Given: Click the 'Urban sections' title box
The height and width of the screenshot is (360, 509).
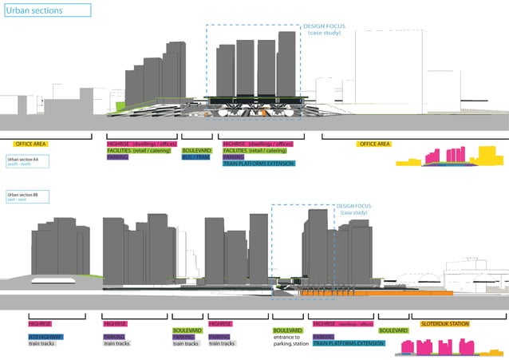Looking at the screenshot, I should pos(47,10).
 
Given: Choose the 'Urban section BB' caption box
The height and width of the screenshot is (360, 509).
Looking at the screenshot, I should pos(26,196).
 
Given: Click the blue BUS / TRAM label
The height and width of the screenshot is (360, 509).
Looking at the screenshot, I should pos(195,157).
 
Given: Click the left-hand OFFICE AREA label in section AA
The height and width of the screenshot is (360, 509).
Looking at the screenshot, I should pos(31,144).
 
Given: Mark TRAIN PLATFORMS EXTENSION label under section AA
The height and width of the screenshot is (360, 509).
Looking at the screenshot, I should pos(258,164).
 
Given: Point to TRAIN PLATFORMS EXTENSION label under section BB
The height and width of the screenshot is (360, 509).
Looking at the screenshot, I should pos(348,342).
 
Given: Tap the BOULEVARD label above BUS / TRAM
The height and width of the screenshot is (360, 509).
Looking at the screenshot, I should pos(196,150).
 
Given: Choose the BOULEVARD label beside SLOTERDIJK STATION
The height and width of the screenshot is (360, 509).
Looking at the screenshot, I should pos(394,330).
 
